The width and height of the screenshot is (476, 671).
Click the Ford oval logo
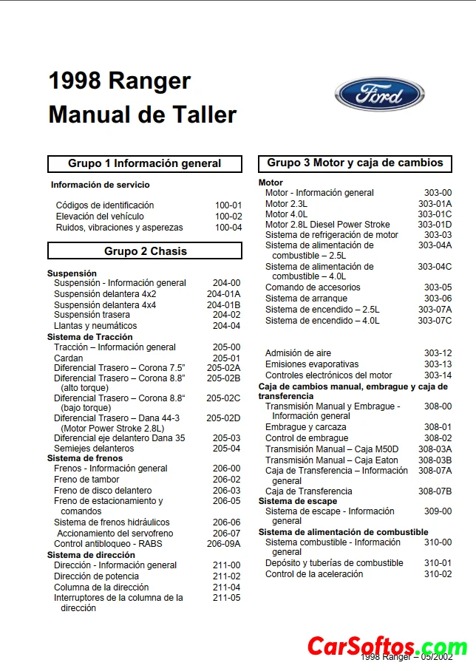[x=380, y=95]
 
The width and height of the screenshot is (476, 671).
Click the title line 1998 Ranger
[x=120, y=81]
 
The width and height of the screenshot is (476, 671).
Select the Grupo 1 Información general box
[x=145, y=163]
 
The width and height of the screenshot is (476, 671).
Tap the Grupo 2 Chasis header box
[x=145, y=251]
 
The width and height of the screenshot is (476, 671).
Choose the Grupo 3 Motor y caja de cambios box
[x=355, y=163]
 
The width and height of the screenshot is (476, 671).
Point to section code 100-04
[x=228, y=228]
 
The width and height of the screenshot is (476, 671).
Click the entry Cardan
[x=69, y=358]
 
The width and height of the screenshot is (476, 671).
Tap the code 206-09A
[x=223, y=543]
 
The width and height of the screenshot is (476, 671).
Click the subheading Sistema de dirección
[x=91, y=555]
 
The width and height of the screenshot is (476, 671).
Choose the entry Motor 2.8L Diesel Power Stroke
[x=327, y=225]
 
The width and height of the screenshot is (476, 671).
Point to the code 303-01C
[x=435, y=214]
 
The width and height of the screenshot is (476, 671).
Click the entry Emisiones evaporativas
[x=312, y=364]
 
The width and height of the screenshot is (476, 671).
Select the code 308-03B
[x=435, y=460]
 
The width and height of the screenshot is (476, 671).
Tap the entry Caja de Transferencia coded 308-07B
[x=309, y=491]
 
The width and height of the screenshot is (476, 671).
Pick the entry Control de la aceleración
[x=314, y=574]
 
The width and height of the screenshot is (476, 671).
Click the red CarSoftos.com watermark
[x=387, y=647]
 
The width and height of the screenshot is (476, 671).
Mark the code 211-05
[x=226, y=598]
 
